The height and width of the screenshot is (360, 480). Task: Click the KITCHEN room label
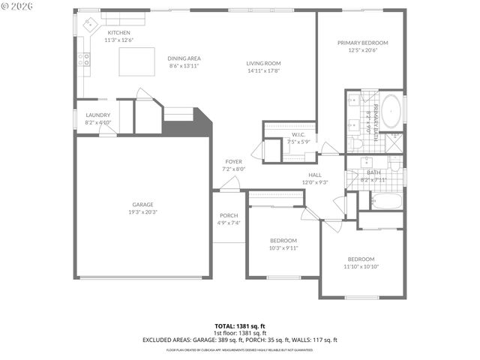point(118,34)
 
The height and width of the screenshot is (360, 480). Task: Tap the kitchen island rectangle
point(137,61)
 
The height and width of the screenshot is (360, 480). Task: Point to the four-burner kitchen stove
point(86,59)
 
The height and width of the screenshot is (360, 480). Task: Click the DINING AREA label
point(183,58)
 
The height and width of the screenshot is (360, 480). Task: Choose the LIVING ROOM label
point(263,64)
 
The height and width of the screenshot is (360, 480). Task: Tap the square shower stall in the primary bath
point(391,142)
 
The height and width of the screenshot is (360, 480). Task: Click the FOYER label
point(233,162)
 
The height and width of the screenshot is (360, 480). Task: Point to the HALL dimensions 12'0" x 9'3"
point(315,182)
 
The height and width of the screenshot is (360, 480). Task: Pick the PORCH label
point(228,216)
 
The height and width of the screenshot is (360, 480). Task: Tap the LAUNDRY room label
point(97,115)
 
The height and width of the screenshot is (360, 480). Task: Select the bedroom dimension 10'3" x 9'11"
point(283,247)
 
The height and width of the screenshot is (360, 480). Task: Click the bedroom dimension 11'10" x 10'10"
point(360,266)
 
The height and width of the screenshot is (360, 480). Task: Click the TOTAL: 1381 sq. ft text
point(240,326)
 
